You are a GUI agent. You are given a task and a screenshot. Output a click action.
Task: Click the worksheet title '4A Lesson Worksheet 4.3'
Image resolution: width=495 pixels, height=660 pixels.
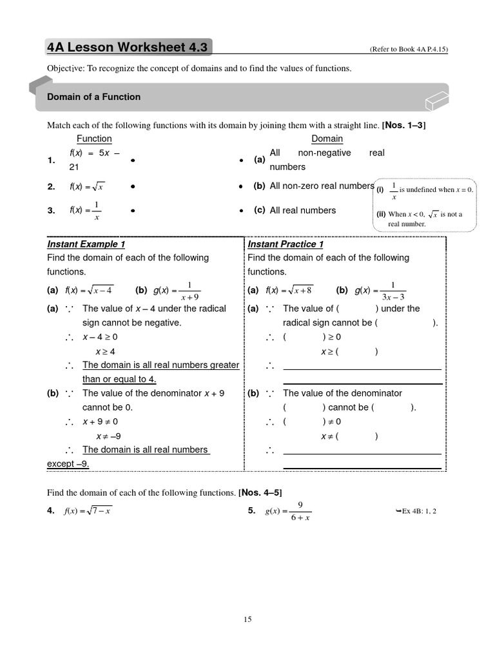(x=128, y=48)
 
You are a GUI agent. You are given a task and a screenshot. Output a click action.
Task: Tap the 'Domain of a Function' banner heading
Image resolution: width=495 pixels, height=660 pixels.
(x=93, y=97)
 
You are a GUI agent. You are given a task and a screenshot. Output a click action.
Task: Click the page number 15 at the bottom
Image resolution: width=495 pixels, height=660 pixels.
(x=247, y=619)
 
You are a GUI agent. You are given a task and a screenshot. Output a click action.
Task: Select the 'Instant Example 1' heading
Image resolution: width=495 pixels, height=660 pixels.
(x=86, y=244)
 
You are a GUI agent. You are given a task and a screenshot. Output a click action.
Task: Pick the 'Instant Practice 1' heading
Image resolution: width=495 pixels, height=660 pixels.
(x=286, y=244)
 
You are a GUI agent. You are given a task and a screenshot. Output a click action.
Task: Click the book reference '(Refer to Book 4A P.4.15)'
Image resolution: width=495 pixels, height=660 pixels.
(x=408, y=50)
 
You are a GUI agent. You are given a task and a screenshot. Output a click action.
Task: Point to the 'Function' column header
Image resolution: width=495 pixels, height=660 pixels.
(x=94, y=139)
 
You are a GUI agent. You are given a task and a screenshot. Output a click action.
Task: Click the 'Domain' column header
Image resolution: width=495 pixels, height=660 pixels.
(x=327, y=139)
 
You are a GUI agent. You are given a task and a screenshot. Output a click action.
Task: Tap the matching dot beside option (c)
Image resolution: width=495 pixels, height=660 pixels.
(x=240, y=211)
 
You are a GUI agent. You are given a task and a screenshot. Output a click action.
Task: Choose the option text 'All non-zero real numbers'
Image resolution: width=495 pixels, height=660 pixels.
(x=322, y=186)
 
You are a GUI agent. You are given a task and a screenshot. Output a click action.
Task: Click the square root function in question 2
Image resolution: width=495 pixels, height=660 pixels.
(x=86, y=187)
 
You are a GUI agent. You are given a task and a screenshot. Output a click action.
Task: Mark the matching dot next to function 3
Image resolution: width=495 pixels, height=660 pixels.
(x=131, y=211)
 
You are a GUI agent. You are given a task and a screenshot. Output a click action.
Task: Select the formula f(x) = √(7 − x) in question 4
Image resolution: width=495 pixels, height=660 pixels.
(x=88, y=511)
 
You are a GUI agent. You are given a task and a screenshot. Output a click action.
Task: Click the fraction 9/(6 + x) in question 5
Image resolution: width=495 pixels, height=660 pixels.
(x=300, y=511)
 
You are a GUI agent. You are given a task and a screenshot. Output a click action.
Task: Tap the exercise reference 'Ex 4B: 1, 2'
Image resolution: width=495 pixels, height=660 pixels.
(x=420, y=511)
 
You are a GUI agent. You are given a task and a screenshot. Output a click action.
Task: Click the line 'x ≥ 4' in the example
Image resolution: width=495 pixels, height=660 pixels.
(x=105, y=351)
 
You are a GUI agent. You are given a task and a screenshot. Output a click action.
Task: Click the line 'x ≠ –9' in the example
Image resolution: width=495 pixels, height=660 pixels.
(x=108, y=436)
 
